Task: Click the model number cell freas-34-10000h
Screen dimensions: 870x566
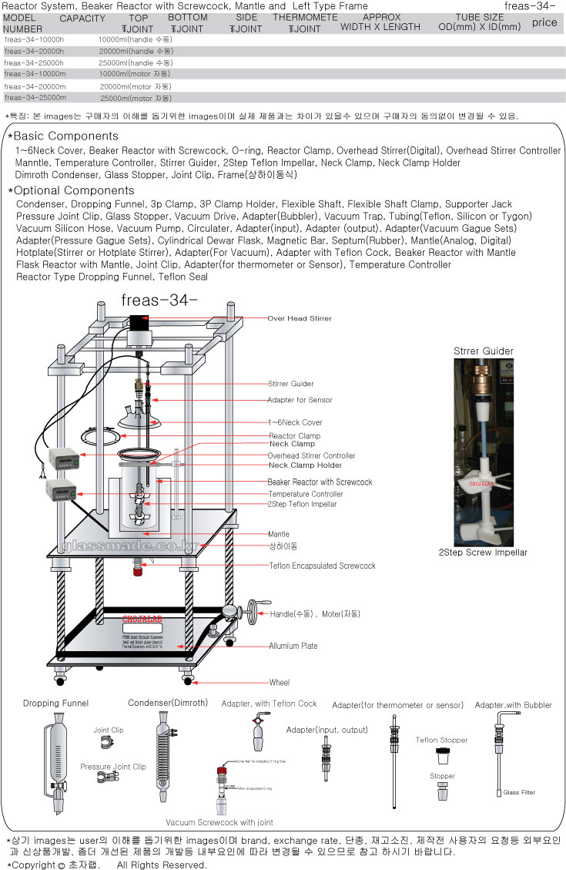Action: (35, 38)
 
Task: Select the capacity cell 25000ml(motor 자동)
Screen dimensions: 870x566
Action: (136, 99)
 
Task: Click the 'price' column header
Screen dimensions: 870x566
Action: (544, 22)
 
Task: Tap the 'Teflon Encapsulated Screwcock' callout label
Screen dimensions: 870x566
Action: (322, 566)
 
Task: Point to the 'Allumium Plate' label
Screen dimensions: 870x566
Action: (293, 646)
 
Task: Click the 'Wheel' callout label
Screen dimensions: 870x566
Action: (279, 683)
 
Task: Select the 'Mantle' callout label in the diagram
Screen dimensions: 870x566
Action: (278, 533)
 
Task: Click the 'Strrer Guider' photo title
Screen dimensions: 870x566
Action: (483, 351)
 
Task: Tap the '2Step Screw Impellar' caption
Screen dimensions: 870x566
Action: (483, 553)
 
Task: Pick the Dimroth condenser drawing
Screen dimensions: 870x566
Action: (164, 759)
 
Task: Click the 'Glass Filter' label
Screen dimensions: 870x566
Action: (520, 792)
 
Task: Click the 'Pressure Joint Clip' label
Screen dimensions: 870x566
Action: (112, 767)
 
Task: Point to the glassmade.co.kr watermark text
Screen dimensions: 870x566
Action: (128, 547)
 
